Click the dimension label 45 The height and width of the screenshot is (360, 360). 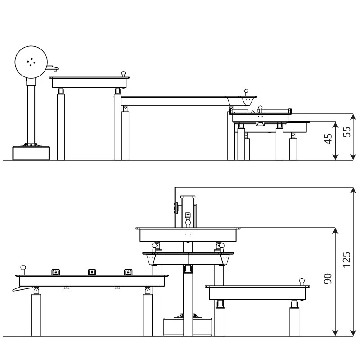[328, 139]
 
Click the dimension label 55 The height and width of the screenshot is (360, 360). [346, 133]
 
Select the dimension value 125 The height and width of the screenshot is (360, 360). [346, 259]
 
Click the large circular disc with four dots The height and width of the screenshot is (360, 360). [31, 62]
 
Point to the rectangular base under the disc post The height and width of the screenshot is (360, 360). [30, 153]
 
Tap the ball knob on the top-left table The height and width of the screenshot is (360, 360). [123, 73]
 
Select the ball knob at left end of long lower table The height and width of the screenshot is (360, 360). [22, 269]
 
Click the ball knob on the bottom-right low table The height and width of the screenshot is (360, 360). [302, 281]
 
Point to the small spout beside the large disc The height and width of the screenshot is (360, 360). [54, 68]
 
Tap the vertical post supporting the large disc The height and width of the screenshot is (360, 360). [31, 112]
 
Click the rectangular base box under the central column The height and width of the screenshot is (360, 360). [188, 326]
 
